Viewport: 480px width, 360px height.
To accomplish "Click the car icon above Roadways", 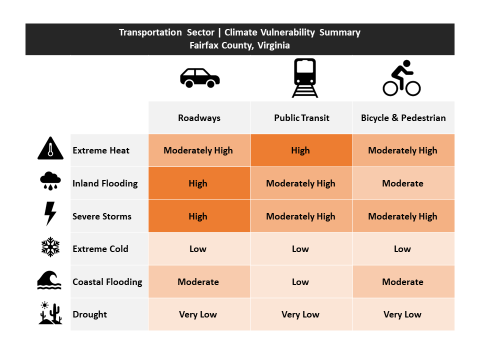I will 200,78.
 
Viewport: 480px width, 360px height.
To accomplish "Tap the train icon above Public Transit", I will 304,78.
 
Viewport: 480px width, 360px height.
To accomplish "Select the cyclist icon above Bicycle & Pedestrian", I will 401,78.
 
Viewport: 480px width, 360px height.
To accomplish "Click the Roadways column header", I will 199,118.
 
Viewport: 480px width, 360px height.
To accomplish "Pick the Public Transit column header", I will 301,118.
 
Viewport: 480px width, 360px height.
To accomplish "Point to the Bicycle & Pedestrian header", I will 403,118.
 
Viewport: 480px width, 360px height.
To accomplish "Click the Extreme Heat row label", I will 101,150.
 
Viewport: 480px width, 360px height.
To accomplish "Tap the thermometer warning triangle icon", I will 50,149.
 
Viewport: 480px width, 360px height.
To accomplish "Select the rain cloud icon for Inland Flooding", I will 50,181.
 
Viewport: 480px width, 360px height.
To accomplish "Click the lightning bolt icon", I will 50,213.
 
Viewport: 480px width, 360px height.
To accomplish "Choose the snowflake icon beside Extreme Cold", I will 50,247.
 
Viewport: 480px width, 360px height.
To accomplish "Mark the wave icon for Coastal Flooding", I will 49,280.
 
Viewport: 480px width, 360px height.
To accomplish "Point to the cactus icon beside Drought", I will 50,313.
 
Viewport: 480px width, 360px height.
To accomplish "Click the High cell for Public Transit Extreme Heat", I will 300,150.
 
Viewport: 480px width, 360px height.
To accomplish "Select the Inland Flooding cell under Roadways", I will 198,183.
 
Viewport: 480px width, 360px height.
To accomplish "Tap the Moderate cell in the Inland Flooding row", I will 402,183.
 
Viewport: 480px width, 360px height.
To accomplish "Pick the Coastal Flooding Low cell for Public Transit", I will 300,282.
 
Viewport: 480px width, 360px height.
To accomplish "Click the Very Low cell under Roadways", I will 198,314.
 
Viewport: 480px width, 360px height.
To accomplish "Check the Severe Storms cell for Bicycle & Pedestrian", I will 402,216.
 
